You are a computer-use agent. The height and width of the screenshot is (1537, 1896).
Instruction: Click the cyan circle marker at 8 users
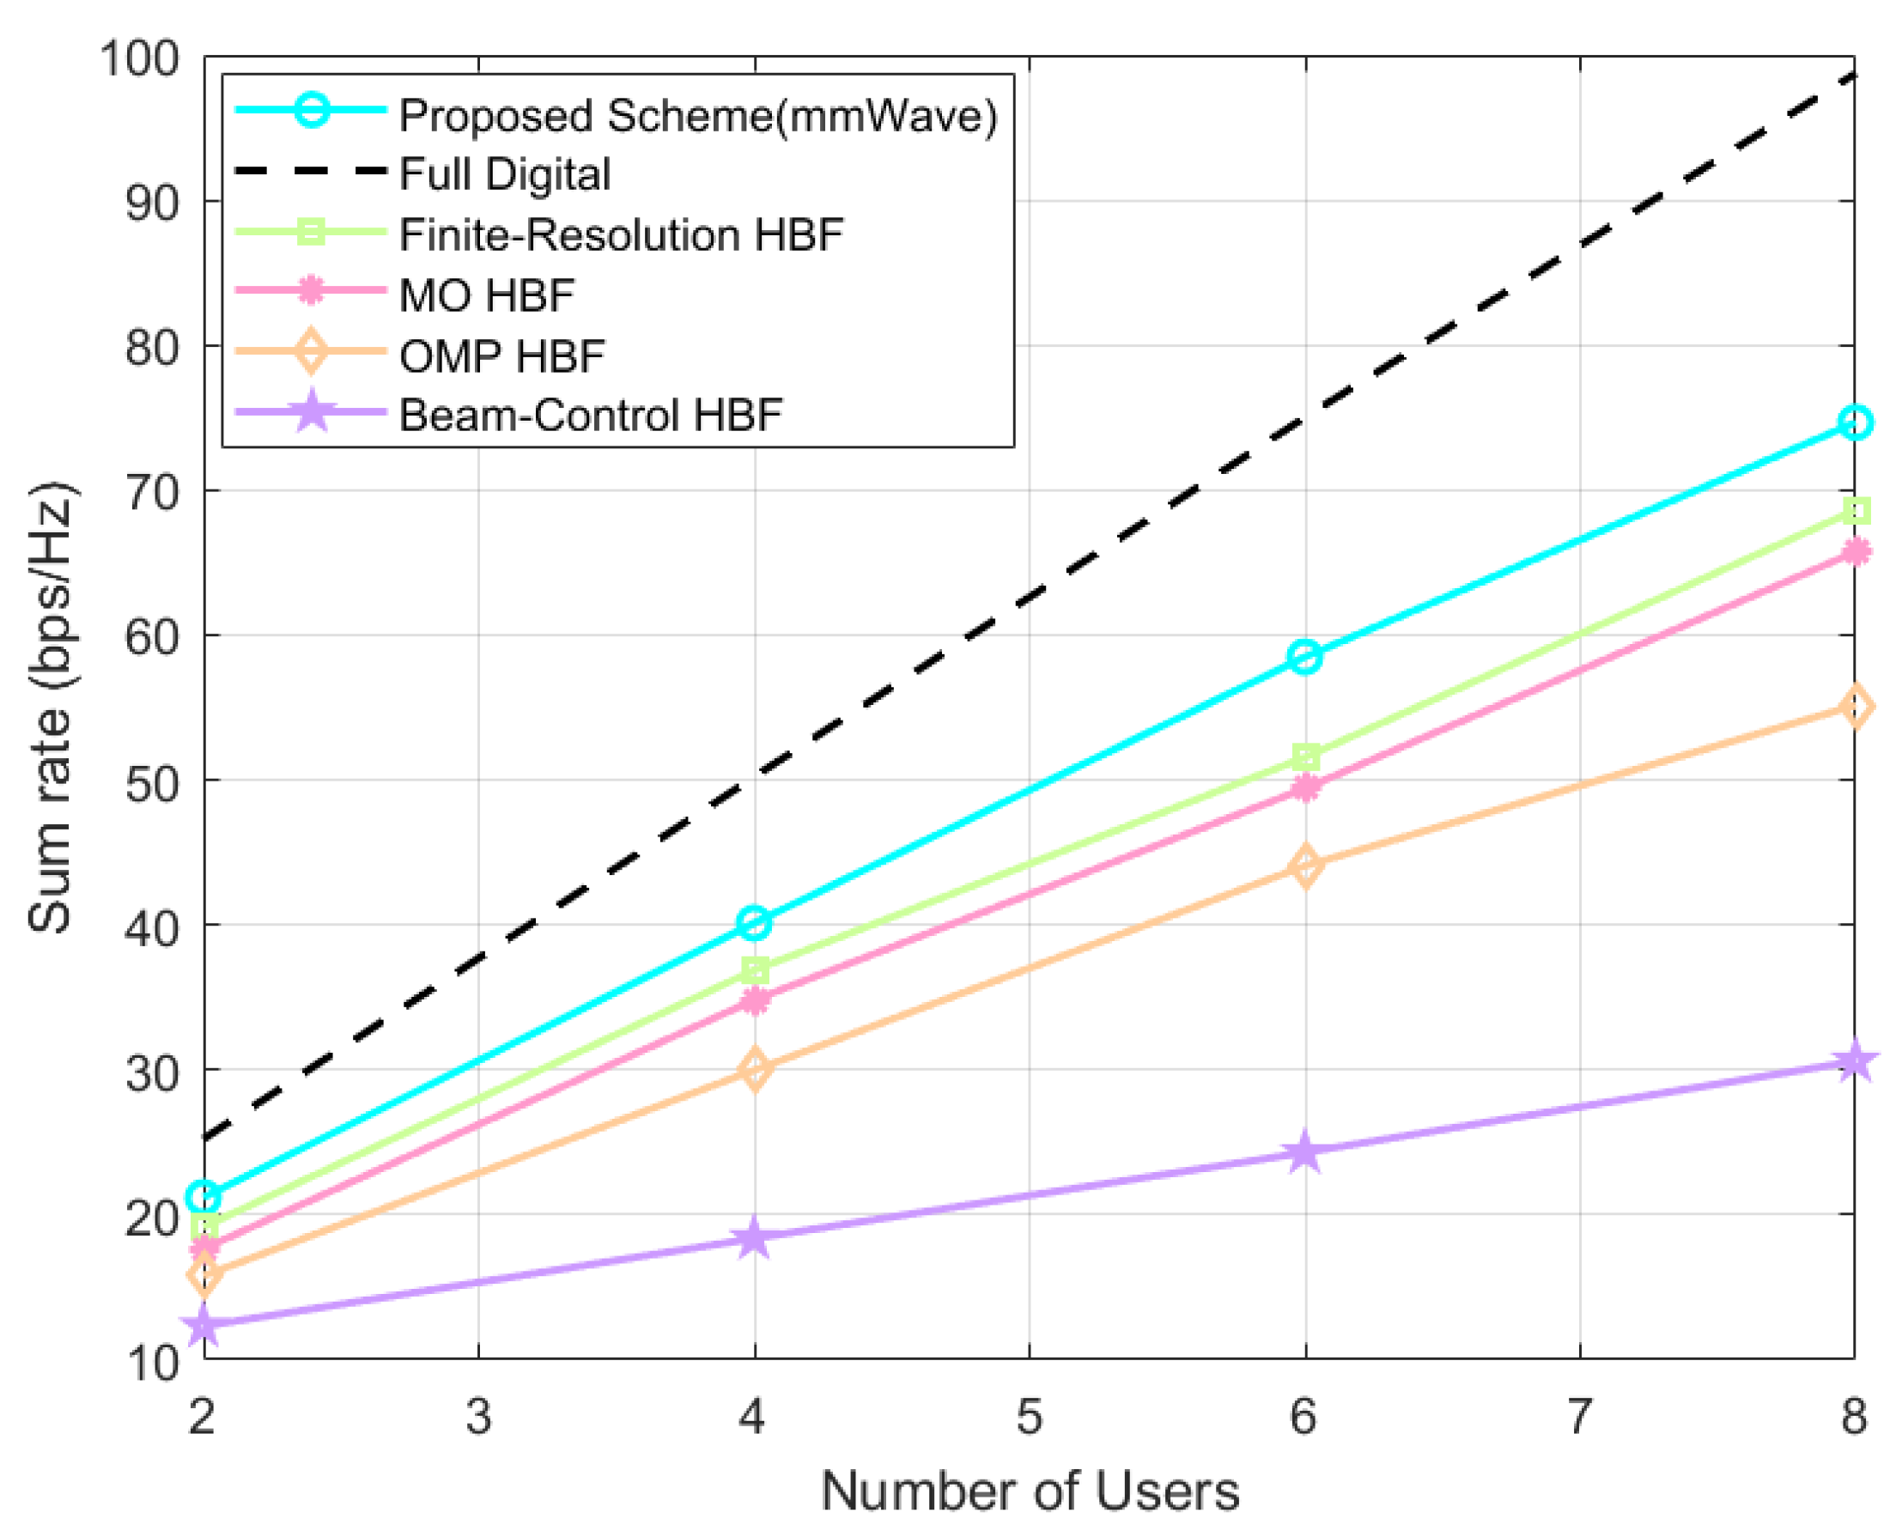click(x=1855, y=422)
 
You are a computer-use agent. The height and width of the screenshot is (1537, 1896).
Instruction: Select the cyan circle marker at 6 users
click(x=1304, y=657)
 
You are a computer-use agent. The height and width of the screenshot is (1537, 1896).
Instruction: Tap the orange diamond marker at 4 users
click(x=754, y=1069)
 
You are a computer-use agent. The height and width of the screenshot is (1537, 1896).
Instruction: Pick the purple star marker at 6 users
click(x=1304, y=1151)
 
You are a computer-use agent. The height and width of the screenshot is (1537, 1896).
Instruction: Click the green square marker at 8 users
click(x=1856, y=511)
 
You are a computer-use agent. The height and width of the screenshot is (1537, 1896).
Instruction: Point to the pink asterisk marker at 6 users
click(x=1304, y=787)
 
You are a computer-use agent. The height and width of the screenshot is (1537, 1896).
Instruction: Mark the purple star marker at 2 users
click(x=204, y=1325)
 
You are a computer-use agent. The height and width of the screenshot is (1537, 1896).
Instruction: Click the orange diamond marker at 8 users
click(x=1855, y=707)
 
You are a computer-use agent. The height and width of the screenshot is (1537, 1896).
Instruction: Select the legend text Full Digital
click(x=505, y=173)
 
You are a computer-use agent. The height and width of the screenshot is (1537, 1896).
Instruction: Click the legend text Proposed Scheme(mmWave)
click(x=697, y=115)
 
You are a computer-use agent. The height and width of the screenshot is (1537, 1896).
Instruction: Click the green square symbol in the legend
click(x=311, y=233)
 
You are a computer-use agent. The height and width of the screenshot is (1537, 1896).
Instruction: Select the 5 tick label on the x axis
click(x=1029, y=1416)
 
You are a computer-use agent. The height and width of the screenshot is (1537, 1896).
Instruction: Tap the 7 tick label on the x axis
click(x=1580, y=1416)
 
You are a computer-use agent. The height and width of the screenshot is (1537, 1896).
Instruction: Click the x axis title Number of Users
click(x=1030, y=1490)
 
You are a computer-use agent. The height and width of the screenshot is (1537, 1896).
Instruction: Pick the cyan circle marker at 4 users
click(x=753, y=922)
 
